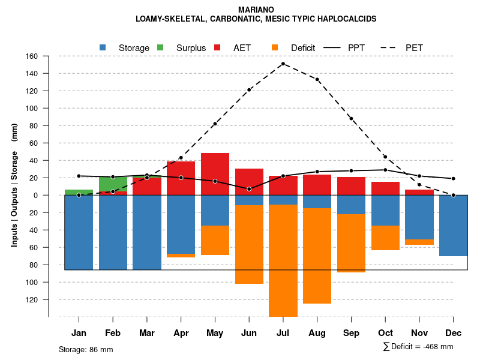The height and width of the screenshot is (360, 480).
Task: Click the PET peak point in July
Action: tap(283, 64)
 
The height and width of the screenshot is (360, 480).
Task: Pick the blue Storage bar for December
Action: tap(453, 226)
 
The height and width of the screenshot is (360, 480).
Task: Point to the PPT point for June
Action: tap(249, 189)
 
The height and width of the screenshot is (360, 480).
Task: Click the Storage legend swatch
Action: tap(103, 47)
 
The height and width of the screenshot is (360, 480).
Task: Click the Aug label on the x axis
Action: tap(317, 333)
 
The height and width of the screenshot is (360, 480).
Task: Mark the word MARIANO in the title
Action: tap(256, 10)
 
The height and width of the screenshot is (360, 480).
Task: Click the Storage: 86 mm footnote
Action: tap(86, 349)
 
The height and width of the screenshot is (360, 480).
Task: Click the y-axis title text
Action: tap(14, 186)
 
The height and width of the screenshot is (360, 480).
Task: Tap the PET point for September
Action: tap(351, 119)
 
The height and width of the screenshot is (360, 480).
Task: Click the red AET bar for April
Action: tap(181, 178)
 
